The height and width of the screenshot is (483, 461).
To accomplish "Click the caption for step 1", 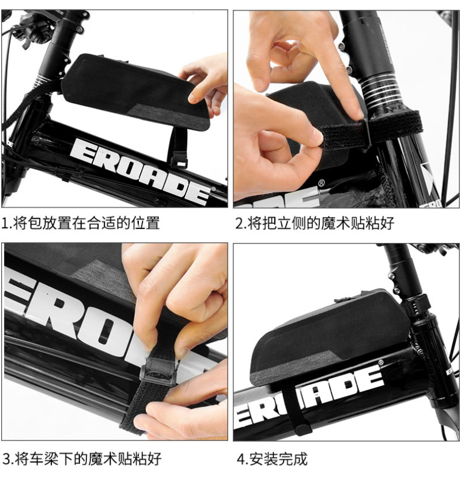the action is pyautogui.click(x=81, y=223).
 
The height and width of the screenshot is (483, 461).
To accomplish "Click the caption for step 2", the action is pyautogui.click(x=314, y=223).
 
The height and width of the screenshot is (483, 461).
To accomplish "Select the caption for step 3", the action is pyautogui.click(x=82, y=459).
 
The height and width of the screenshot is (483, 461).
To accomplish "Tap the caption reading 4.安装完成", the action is pyautogui.click(x=272, y=459).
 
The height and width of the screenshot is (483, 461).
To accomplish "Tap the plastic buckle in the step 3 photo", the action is pyautogui.click(x=158, y=371).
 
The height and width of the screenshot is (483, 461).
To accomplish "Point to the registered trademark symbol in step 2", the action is pyautogui.click(x=321, y=183).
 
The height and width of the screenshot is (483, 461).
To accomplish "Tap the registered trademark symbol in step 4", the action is pyautogui.click(x=381, y=362).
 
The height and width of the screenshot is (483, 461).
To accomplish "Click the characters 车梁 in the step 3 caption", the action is pyautogui.click(x=44, y=459).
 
